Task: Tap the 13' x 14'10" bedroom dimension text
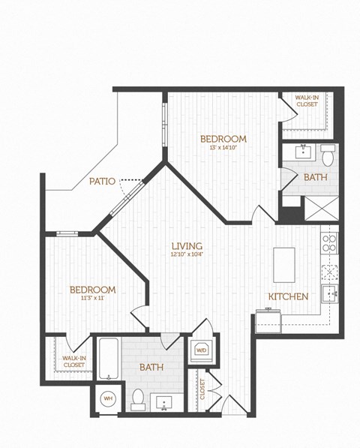coord(223,147)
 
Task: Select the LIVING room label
coord(187,245)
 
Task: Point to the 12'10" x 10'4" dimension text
coord(187,254)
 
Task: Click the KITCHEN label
coord(288,296)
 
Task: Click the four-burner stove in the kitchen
coord(329,242)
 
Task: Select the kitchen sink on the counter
coord(329,291)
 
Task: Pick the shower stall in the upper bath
coord(321,207)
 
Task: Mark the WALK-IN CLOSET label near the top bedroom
coord(308,101)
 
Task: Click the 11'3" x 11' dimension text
coord(91,299)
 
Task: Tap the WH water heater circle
coord(107,398)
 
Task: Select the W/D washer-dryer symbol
coord(201,350)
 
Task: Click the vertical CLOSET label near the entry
coord(202,389)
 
